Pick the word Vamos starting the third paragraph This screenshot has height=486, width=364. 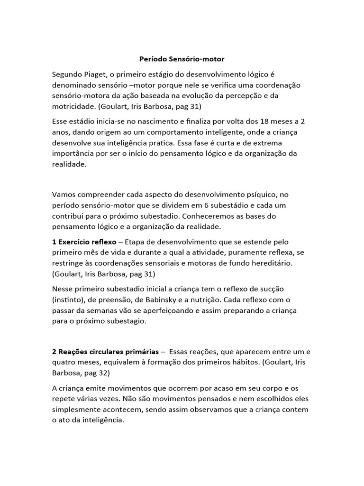click(64, 195)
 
